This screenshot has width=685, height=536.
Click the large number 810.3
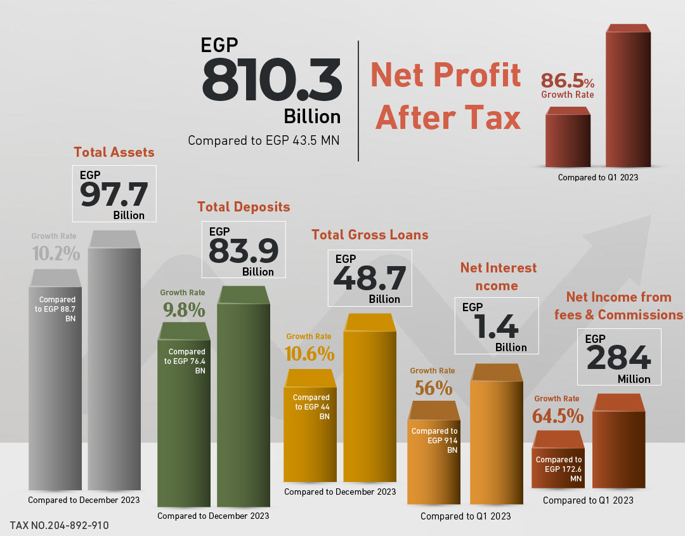271,80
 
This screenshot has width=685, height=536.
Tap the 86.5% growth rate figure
568,81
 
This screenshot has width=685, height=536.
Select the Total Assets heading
114,152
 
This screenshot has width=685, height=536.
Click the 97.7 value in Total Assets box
114,194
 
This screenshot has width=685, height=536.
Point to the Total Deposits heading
244,206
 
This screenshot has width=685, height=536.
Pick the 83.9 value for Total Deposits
244,251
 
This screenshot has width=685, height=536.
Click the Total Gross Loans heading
370,234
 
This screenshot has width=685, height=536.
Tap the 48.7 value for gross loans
370,278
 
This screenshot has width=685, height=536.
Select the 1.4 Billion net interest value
496,326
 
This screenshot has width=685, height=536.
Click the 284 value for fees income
618,358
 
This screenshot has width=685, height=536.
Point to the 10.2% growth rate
56,253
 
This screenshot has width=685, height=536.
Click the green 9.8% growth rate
184,310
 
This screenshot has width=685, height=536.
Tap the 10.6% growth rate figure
310,354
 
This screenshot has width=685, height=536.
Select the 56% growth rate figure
433,388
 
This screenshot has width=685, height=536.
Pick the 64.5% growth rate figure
558,416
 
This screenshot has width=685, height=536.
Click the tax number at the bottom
60,525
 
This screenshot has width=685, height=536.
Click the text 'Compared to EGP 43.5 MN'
263,140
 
